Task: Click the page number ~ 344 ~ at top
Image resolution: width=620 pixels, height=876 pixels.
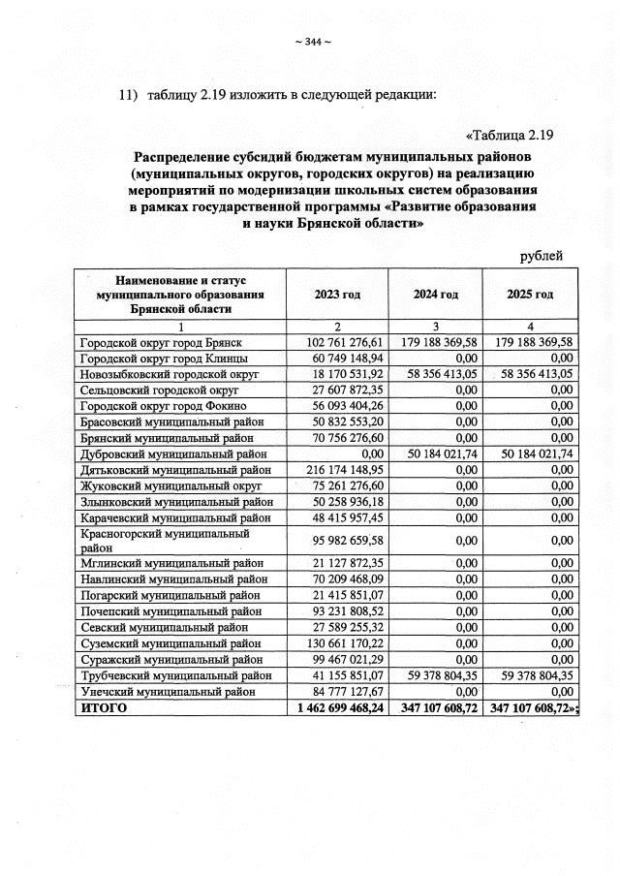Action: click(x=311, y=41)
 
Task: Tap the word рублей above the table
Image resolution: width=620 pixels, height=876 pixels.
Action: click(x=542, y=256)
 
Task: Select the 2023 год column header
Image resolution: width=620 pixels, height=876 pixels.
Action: click(x=337, y=294)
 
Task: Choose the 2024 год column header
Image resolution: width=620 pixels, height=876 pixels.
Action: click(x=434, y=294)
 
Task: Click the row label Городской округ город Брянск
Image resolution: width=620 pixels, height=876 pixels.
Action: click(x=160, y=343)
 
